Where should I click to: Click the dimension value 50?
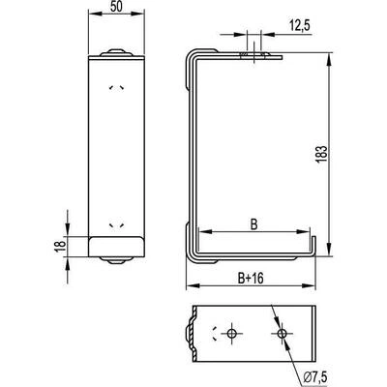coord(116,7)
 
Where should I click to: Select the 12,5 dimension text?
coord(300,25)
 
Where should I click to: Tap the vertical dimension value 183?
coord(322,155)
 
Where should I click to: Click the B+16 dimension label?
coord(251,278)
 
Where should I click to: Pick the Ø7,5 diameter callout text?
coord(315,376)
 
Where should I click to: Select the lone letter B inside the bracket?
coord(254,224)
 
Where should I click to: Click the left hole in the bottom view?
coord(231,334)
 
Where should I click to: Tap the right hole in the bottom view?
coord(282,334)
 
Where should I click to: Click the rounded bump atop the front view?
coord(116,52)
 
